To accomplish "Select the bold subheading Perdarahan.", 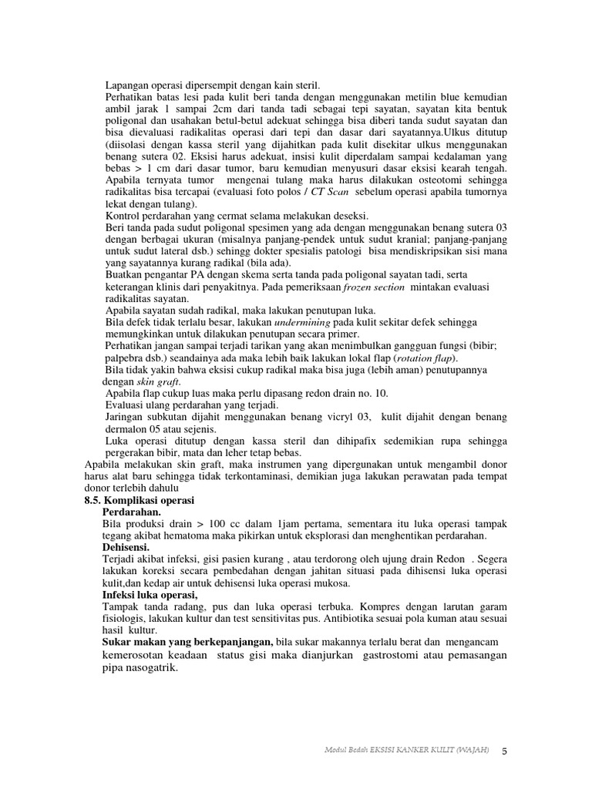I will [x=132, y=512].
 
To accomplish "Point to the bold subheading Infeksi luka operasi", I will [x=150, y=596].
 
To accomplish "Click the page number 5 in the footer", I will [x=504, y=751].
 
